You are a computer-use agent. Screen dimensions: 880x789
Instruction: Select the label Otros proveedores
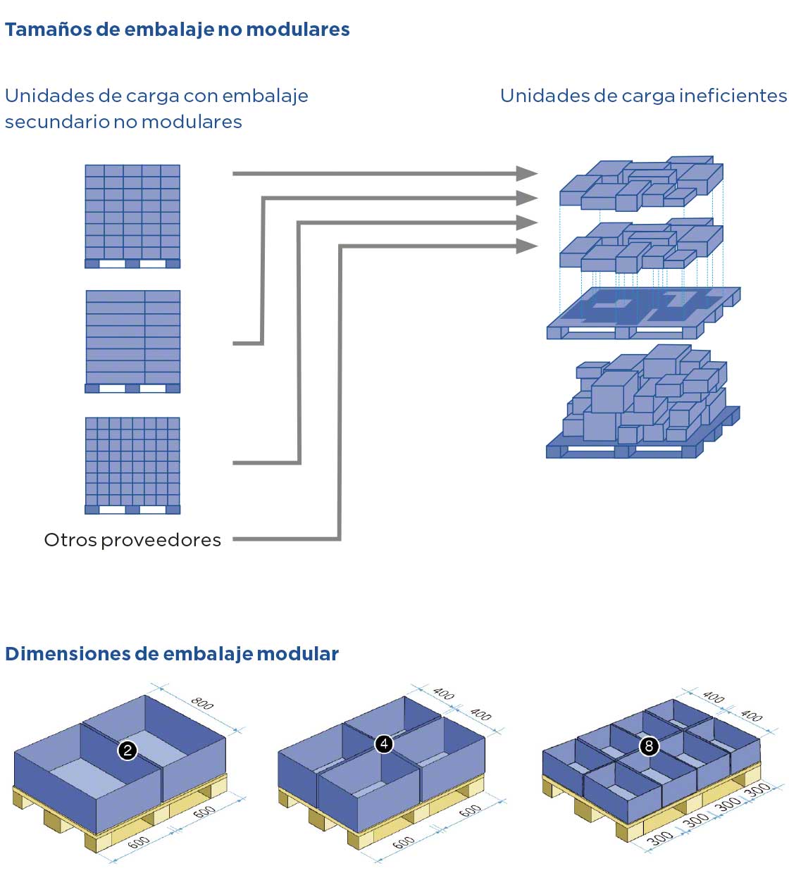click(132, 540)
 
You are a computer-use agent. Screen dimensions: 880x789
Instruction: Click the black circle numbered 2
click(128, 750)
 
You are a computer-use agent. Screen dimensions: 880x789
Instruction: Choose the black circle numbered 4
click(384, 743)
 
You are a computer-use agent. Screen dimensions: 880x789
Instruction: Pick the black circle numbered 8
click(649, 746)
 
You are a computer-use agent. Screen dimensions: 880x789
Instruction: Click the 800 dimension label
click(202, 703)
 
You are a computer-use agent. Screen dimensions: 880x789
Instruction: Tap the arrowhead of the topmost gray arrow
click(527, 173)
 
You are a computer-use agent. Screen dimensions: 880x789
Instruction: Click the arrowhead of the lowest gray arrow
click(527, 246)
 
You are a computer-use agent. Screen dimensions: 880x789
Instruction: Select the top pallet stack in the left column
click(132, 216)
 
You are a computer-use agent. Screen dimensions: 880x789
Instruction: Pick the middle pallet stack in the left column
click(132, 341)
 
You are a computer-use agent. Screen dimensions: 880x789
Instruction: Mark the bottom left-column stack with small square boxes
click(132, 465)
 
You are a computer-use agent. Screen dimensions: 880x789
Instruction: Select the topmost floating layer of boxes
click(641, 183)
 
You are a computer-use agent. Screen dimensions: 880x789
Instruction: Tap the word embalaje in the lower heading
click(207, 654)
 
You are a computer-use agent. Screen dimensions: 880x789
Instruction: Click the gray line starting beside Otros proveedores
click(282, 539)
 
